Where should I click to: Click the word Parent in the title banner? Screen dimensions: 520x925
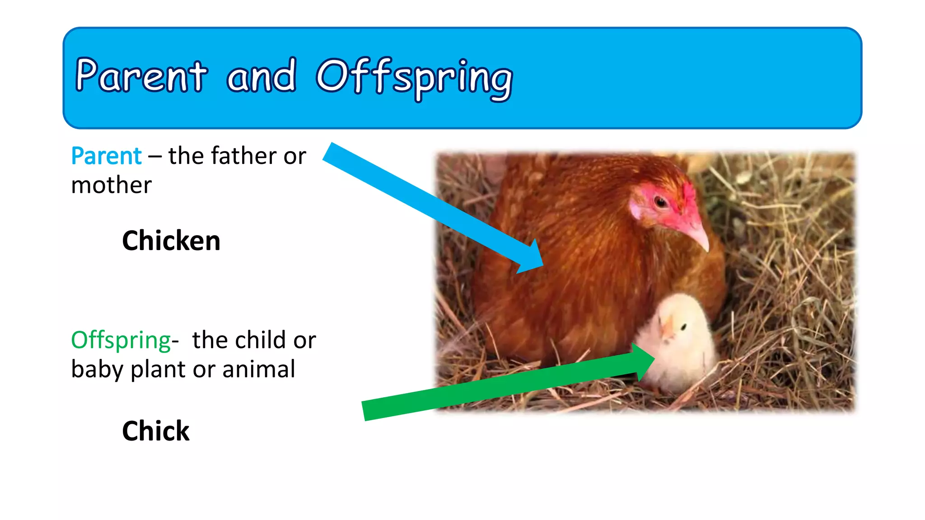pos(141,76)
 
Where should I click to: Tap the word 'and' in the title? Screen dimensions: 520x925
pos(262,76)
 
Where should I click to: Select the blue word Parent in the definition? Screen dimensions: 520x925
pos(107,156)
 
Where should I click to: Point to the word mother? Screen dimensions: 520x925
pos(111,186)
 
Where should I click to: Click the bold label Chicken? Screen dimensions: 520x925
pos(171,241)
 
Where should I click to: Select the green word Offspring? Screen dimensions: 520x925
pos(121,340)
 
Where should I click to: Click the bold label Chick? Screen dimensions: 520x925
pos(156,431)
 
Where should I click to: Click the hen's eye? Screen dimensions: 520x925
pos(661,202)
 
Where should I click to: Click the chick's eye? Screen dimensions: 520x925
pos(684,326)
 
